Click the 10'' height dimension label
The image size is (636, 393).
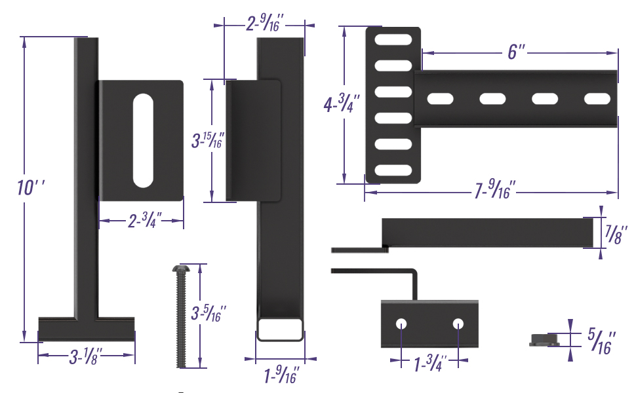coord(30,187)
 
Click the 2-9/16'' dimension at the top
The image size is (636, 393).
coord(264,24)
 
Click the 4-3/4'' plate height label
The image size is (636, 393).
coord(340,105)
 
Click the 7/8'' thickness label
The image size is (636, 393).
coord(616,234)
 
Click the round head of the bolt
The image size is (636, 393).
coord(180,269)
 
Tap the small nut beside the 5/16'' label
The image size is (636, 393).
coord(544,340)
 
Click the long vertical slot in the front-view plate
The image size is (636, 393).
coord(142,140)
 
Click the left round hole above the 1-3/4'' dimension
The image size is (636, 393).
coord(401,324)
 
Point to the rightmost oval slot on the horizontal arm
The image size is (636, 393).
coord(597,99)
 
